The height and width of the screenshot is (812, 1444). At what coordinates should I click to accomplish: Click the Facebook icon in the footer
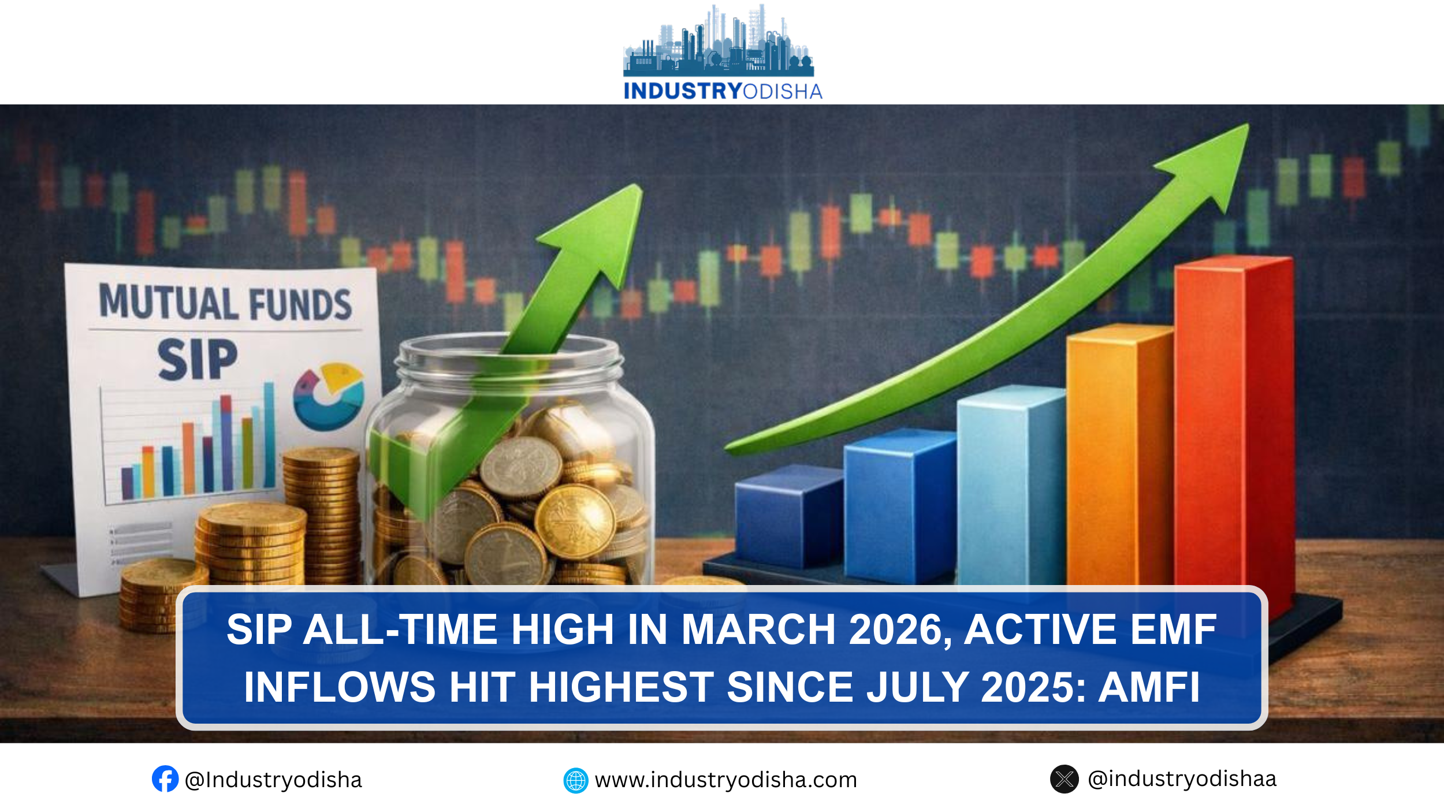[x=165, y=779]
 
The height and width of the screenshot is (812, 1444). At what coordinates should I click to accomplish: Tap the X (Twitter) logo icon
[x=1064, y=779]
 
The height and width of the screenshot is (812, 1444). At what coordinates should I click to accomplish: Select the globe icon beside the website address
[x=575, y=780]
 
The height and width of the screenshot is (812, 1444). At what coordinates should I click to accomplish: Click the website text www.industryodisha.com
[x=726, y=780]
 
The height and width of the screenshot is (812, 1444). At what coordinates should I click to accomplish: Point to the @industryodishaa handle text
[x=1182, y=779]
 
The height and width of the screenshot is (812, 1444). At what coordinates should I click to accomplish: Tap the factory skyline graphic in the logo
[x=719, y=40]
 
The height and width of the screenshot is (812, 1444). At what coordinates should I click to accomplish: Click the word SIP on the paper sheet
[x=198, y=359]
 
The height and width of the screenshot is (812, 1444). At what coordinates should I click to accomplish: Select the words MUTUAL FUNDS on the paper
[x=225, y=301]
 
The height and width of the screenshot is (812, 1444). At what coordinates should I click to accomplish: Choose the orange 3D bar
[x=1119, y=456]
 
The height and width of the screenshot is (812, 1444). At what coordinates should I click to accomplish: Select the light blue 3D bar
[x=1011, y=485]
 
